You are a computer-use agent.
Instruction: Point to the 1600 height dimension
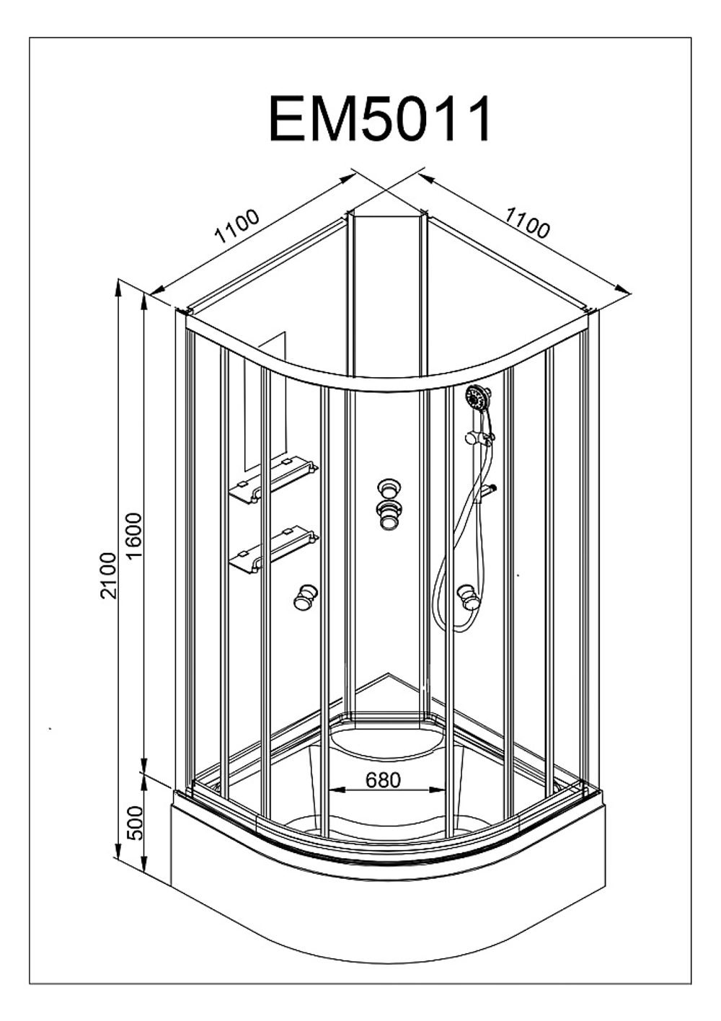coord(136,536)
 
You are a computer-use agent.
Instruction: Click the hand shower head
coord(477,397)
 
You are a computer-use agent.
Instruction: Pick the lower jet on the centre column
coord(389,516)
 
